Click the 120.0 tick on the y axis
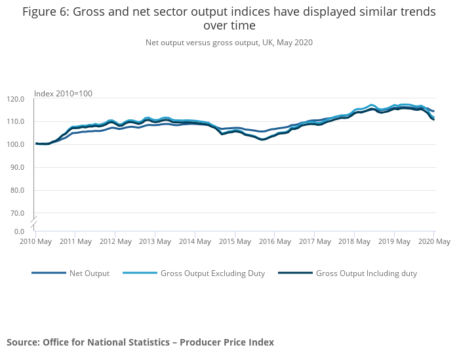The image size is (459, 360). (16, 99)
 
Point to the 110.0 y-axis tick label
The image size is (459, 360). (16, 122)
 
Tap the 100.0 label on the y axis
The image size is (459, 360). (16, 144)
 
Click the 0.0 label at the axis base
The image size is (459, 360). (20, 231)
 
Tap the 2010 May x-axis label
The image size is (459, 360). (35, 241)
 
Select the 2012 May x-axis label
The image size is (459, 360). (115, 241)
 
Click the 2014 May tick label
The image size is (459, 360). (195, 241)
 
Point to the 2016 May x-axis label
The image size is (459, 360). (275, 241)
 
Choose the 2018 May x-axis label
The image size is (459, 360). (354, 241)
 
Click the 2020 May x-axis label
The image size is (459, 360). (433, 241)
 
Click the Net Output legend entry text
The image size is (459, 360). (89, 273)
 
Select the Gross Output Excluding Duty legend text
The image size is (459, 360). (212, 273)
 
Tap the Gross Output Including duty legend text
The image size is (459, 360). (366, 273)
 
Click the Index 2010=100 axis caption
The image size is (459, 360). (63, 93)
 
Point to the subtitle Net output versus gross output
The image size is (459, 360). (229, 43)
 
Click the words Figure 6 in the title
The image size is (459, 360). (45, 12)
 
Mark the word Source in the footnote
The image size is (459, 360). (22, 342)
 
